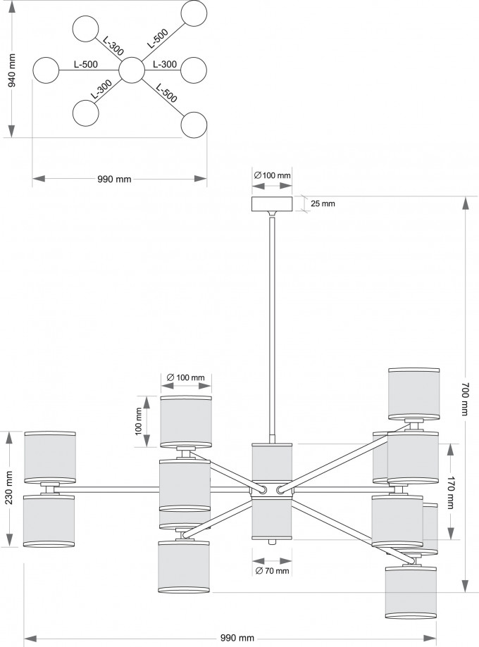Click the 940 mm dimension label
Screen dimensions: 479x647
[x=12, y=70]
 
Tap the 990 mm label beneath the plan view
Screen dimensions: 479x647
[x=114, y=179]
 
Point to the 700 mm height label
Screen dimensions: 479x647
[x=466, y=398]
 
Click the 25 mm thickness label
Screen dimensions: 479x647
[x=323, y=203]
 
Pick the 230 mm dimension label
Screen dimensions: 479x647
[x=9, y=487]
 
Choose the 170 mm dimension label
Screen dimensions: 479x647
[x=450, y=492]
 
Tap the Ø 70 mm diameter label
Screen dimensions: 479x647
[x=272, y=571]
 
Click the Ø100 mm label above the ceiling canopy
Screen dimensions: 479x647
[x=272, y=175]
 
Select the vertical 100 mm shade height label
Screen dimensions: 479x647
[x=138, y=421]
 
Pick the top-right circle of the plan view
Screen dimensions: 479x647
[x=194, y=13]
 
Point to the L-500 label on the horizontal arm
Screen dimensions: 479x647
[x=86, y=64]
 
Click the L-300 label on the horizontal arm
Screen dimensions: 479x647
[x=165, y=64]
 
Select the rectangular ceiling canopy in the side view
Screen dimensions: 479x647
[x=272, y=204]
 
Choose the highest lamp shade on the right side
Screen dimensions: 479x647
[x=413, y=394]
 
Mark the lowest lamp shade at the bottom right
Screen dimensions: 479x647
[x=411, y=593]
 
